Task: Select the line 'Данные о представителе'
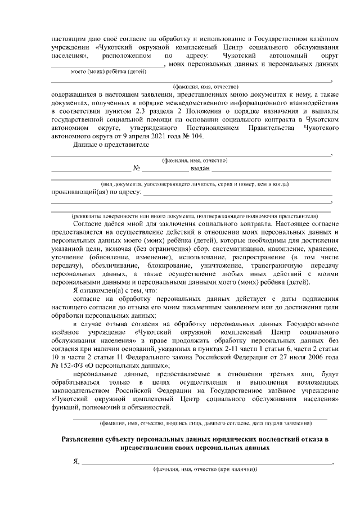coord(111,145)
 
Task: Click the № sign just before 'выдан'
coord(136,168)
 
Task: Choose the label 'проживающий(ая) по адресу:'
coord(96,192)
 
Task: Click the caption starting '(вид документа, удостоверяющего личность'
coord(195,184)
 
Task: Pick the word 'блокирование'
coord(169,264)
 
